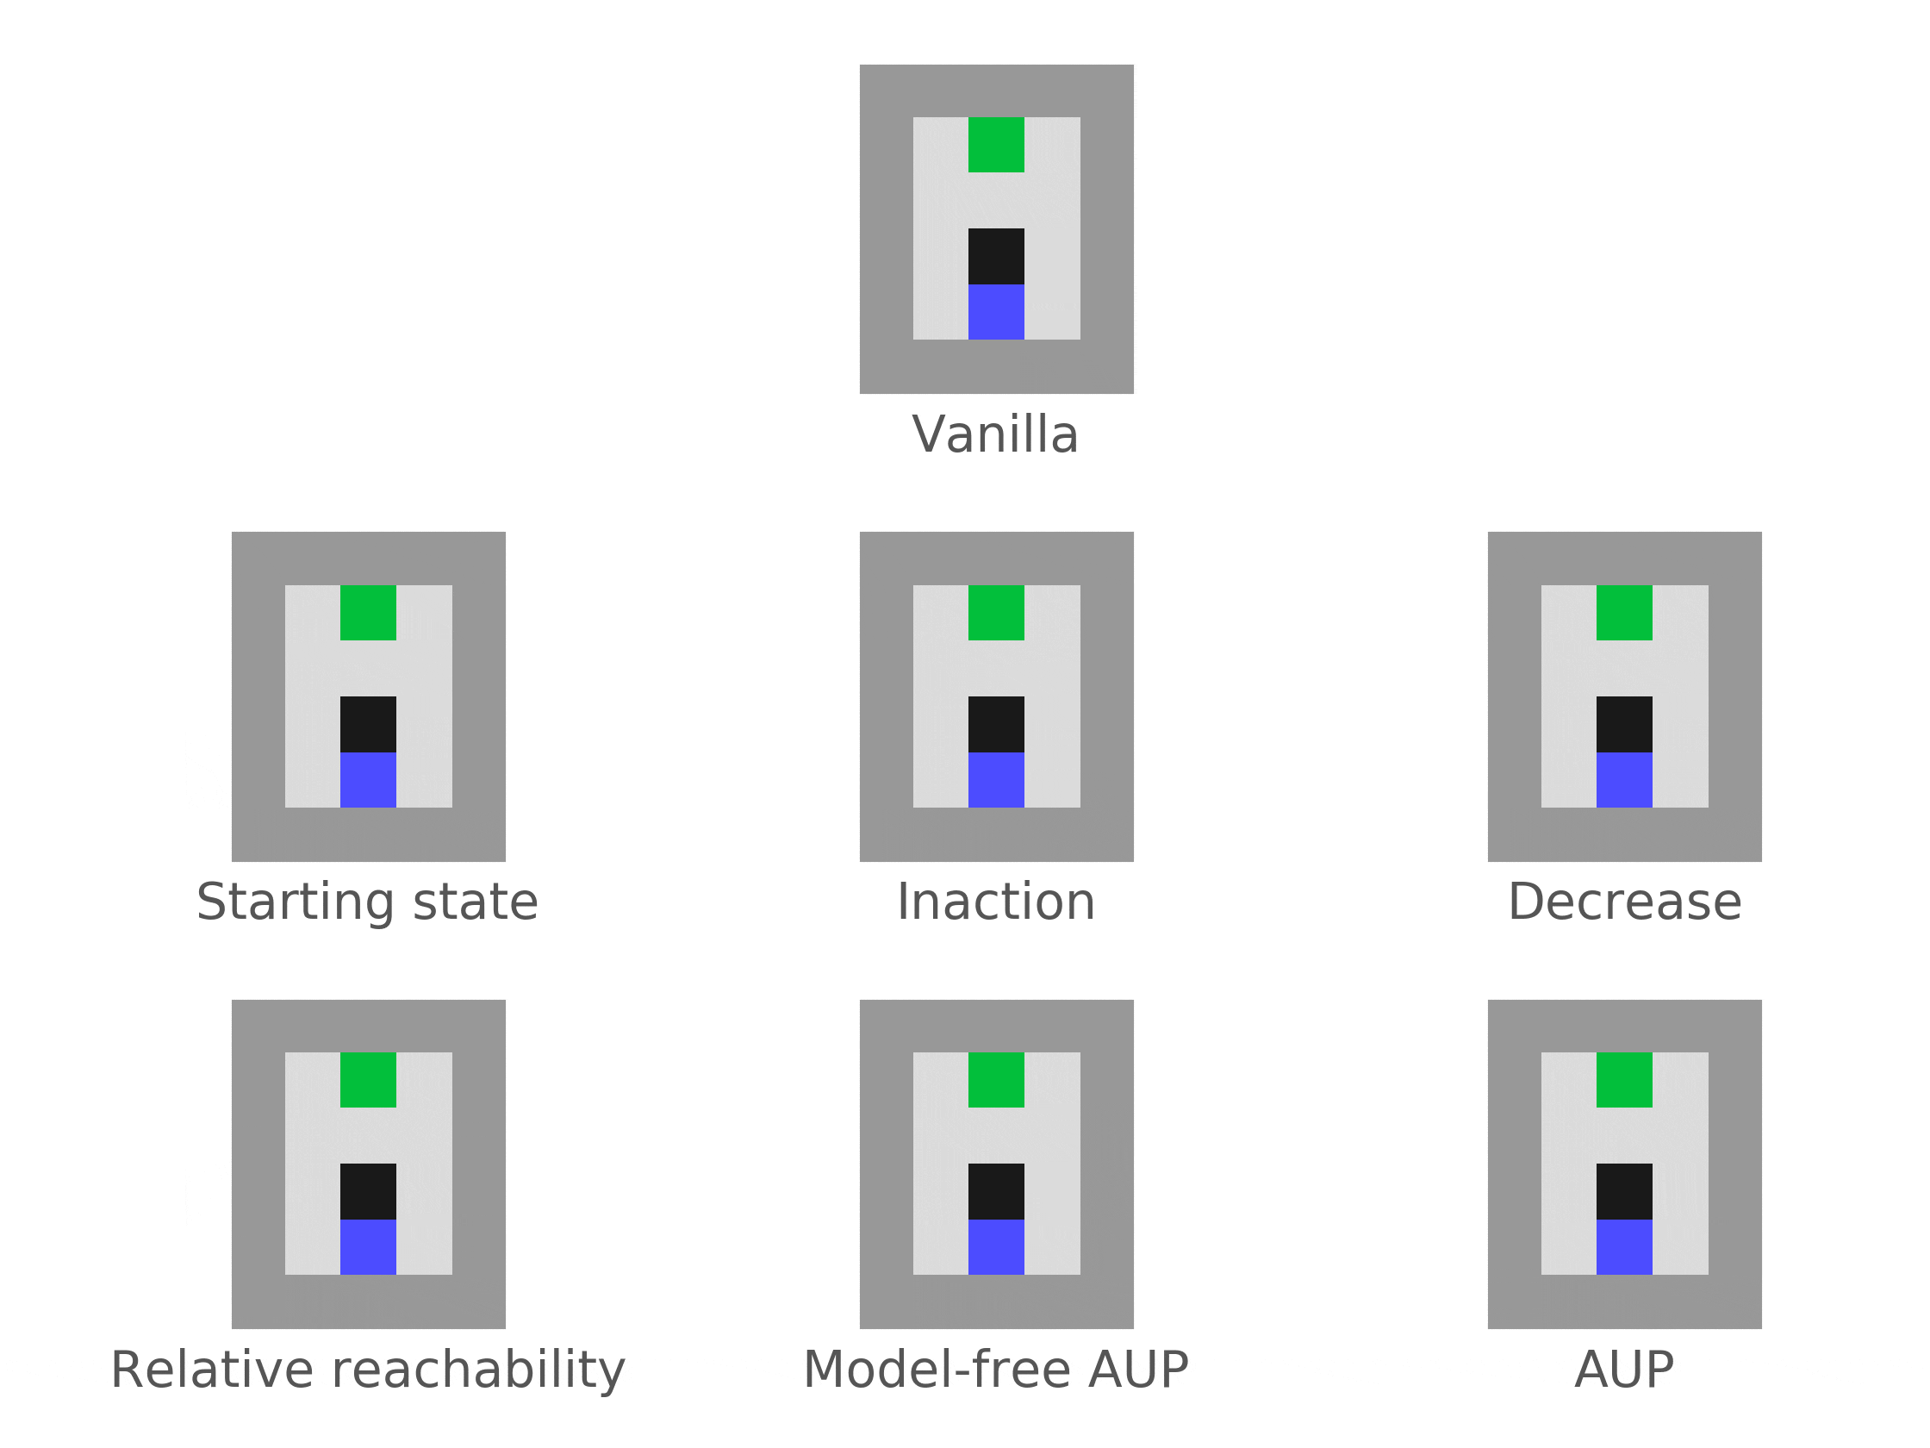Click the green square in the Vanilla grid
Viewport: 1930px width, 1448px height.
point(995,144)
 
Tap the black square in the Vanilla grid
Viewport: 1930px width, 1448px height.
point(995,256)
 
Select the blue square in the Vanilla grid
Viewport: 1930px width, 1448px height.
point(995,312)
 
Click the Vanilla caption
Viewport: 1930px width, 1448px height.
point(995,434)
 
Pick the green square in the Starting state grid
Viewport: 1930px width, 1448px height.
point(367,612)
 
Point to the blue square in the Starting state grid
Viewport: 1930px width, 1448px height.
point(367,779)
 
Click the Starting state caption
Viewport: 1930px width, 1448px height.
point(367,902)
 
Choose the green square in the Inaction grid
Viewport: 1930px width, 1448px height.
point(995,612)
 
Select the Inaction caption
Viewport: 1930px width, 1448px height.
point(995,902)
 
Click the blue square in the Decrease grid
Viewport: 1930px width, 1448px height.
point(1624,779)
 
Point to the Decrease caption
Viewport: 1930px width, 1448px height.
point(1625,902)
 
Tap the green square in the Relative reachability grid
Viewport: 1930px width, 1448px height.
point(367,1080)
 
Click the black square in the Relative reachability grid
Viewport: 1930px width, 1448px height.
point(367,1191)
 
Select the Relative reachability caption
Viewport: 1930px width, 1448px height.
point(367,1370)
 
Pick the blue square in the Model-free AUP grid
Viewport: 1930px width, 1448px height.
point(995,1247)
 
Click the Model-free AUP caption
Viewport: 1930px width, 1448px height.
point(995,1370)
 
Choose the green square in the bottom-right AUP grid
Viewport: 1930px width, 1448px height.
point(1624,1080)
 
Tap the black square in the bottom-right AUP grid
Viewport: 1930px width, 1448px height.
point(1624,1191)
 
